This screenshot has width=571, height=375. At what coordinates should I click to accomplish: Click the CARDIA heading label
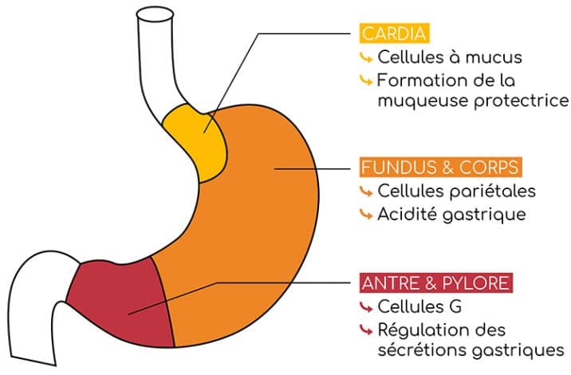click(x=395, y=34)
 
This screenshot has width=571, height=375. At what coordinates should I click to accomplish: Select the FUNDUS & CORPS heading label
click(x=440, y=168)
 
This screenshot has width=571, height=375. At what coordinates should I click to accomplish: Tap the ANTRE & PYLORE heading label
click(x=435, y=283)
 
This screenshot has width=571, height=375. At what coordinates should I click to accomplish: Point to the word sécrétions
click(x=419, y=350)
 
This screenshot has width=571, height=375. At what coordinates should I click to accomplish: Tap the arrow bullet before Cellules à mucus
click(x=366, y=58)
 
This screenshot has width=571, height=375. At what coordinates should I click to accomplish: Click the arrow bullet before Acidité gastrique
click(x=366, y=215)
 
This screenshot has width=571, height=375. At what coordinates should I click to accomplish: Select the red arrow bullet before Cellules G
click(x=366, y=307)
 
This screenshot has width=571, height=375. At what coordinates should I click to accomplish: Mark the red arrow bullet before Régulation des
click(x=366, y=330)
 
